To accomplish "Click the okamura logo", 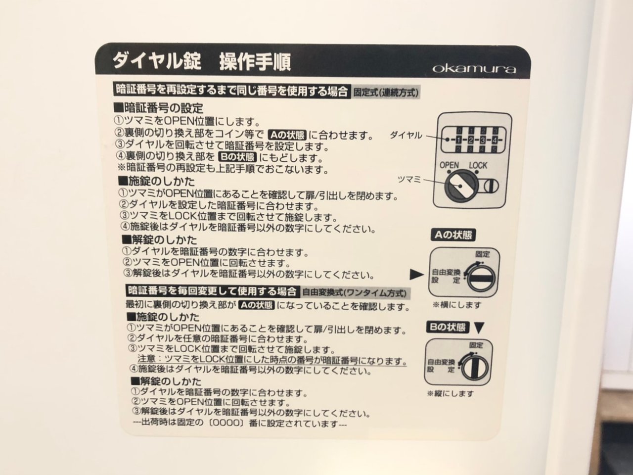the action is coord(474,69).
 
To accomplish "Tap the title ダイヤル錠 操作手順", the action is coord(202,61).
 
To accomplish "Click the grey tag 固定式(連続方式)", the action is coord(386,93).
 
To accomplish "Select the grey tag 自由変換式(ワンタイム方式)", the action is coord(355,293).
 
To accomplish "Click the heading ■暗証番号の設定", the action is coord(159,108).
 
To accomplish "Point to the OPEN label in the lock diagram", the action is coord(449,165).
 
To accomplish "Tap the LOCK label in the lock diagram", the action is coord(478,166).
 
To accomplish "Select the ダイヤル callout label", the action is coord(406,135).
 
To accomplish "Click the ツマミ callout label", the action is coord(409,180).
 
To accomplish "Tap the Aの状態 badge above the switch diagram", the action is coord(453,235).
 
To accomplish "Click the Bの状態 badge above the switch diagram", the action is coord(448,328).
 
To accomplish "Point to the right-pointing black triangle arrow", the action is coord(416,275).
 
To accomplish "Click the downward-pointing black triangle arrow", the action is coord(479,328).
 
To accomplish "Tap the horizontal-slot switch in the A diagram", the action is coord(481,278).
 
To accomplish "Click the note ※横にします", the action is coord(457,305).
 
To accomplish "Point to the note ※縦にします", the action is coord(451,393).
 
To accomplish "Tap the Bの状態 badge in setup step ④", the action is coord(237,157).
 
